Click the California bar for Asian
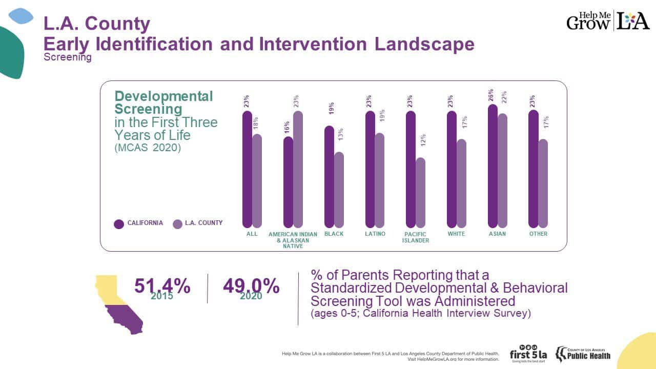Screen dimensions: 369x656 [x=493, y=167]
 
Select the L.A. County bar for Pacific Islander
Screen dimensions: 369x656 [x=420, y=193]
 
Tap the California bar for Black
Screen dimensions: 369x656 [x=329, y=177]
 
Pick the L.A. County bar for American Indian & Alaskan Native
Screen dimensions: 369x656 [x=298, y=170]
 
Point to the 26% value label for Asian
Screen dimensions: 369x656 [x=490, y=95]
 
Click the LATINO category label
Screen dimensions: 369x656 [x=375, y=234]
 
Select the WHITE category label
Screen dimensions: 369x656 [x=456, y=234]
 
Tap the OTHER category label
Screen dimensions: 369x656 [x=539, y=234]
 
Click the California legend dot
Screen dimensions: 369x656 [x=119, y=223]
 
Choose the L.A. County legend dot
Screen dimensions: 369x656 [x=177, y=223]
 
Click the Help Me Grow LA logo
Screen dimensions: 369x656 [x=608, y=21]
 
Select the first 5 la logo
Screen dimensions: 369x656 [x=528, y=353]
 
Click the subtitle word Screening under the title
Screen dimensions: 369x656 [x=68, y=57]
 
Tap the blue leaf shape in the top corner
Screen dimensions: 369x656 [x=21, y=16]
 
